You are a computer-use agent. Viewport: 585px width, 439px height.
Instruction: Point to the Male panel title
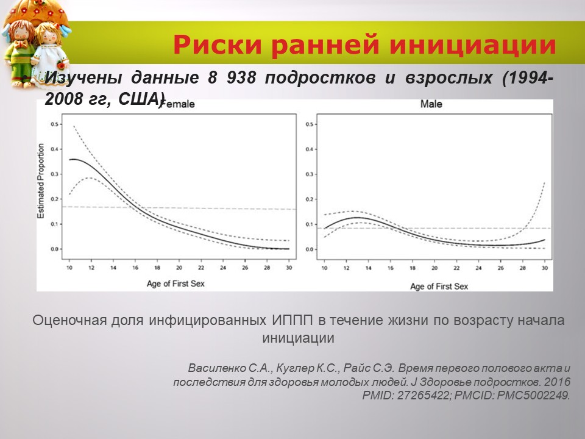coord(431,104)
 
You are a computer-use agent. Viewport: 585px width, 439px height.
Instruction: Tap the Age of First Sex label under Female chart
coord(172,284)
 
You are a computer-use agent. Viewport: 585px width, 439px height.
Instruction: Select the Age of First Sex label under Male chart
coord(439,285)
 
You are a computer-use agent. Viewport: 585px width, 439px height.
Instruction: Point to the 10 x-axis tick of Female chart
coord(69,268)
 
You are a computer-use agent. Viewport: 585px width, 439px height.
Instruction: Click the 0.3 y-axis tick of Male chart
coord(310,174)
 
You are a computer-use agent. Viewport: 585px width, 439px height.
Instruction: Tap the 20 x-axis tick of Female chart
coord(179,268)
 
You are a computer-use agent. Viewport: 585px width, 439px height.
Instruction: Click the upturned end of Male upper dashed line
coord(543,184)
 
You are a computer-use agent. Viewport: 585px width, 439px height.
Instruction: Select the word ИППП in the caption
coord(286,319)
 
